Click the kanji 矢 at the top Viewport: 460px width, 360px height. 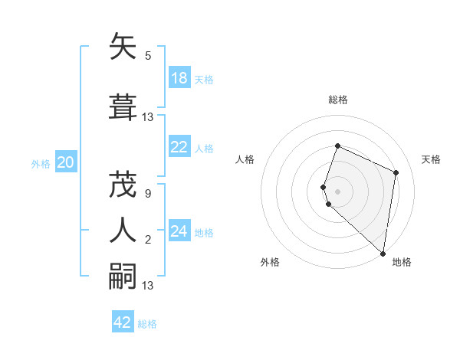click(123, 47)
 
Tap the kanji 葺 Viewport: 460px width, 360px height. click(123, 106)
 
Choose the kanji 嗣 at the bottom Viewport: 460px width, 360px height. click(123, 276)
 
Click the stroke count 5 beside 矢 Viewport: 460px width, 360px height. click(148, 55)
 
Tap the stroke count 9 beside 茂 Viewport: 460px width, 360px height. click(148, 193)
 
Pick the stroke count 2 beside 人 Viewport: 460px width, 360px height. click(148, 240)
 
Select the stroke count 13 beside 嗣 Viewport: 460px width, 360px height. click(149, 286)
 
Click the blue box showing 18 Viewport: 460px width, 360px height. click(179, 78)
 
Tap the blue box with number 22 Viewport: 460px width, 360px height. click(179, 147)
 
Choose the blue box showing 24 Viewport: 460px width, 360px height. click(179, 231)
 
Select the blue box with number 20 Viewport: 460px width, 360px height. click(66, 162)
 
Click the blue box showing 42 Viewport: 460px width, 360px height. click(123, 322)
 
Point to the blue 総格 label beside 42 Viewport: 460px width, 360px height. click(147, 324)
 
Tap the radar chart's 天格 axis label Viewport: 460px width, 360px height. click(431, 159)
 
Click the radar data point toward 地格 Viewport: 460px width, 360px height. click(383, 254)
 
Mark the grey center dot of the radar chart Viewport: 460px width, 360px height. click(337, 191)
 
